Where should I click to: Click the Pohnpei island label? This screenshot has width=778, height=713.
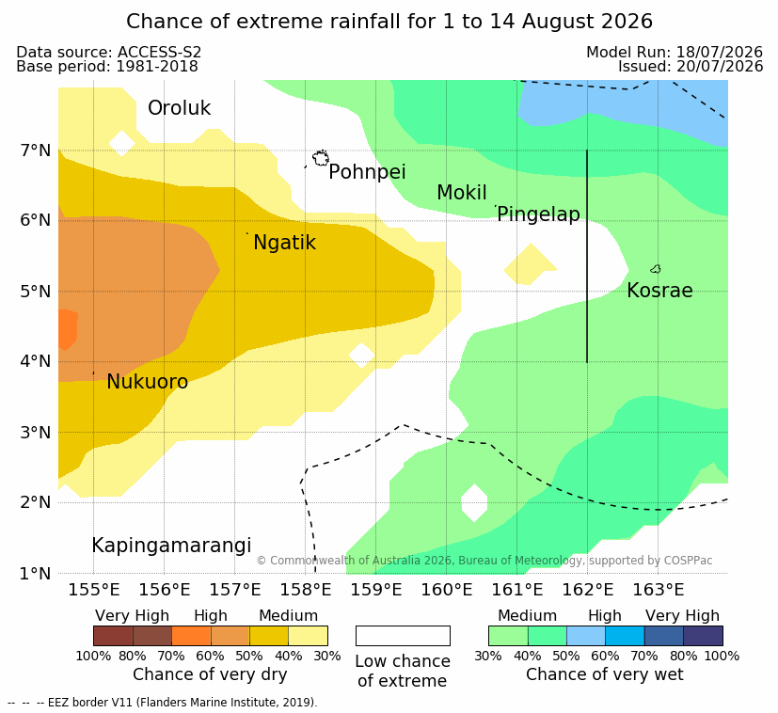click(x=367, y=172)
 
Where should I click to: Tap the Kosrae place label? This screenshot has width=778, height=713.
click(x=659, y=291)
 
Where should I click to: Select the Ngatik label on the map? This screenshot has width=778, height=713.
click(x=284, y=243)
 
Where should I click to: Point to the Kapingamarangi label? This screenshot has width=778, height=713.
click(x=171, y=546)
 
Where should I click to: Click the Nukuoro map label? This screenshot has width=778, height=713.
click(x=148, y=382)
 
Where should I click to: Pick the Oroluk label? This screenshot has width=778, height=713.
click(x=179, y=108)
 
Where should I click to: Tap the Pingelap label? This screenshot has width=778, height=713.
click(x=538, y=214)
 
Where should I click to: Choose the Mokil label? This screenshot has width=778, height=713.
click(x=462, y=193)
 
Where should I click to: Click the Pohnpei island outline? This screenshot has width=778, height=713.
click(x=321, y=158)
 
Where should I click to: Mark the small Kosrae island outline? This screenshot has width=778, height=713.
click(x=656, y=269)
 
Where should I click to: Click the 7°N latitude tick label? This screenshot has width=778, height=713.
click(x=35, y=151)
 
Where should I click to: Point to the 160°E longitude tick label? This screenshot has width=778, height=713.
click(x=447, y=590)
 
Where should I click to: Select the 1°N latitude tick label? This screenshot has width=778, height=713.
click(x=35, y=574)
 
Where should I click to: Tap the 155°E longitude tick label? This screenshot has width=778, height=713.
click(x=94, y=590)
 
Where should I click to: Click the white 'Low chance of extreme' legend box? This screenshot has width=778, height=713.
click(x=403, y=636)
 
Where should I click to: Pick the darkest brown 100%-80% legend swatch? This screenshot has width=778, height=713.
click(x=113, y=636)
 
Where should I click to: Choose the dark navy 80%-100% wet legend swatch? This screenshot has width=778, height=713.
click(x=703, y=636)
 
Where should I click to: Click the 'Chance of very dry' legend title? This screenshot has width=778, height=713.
click(x=210, y=674)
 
